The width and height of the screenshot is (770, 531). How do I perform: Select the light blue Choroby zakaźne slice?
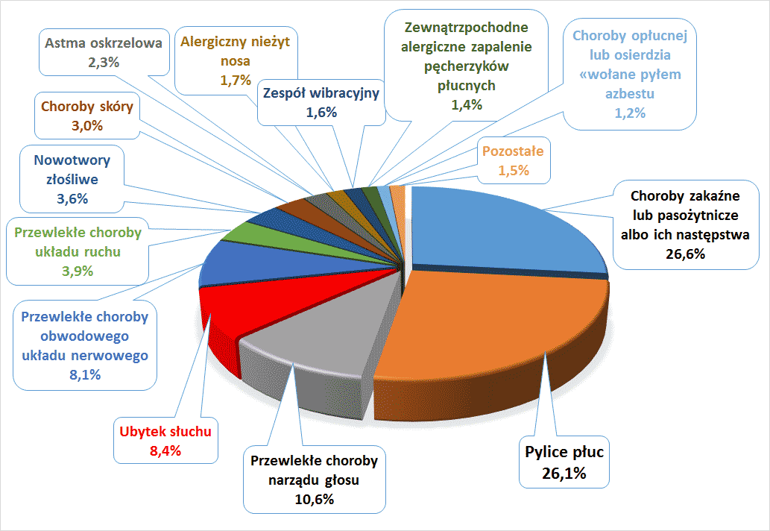tap(507, 231)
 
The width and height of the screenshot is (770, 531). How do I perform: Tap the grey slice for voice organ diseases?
tap(321, 328)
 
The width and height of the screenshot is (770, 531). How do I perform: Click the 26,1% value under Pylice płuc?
tap(564, 473)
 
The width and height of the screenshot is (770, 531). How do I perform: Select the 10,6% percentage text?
tap(313, 499)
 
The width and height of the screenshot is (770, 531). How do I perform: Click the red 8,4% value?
tap(165, 450)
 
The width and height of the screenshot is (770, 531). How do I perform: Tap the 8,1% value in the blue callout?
tap(84, 374)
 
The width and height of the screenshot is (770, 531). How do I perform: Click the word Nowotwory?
tap(72, 160)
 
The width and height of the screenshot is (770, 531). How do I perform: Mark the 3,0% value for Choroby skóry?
tap(86, 125)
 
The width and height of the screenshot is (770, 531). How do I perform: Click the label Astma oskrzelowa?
tap(103, 43)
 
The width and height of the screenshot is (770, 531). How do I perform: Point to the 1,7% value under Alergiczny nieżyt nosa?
tap(235, 81)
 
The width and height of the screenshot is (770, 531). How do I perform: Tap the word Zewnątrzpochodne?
tap(466, 28)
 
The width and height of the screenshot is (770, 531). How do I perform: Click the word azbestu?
tap(631, 94)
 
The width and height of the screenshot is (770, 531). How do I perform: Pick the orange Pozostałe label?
tap(513, 151)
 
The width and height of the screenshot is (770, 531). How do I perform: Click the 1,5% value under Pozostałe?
tap(513, 170)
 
